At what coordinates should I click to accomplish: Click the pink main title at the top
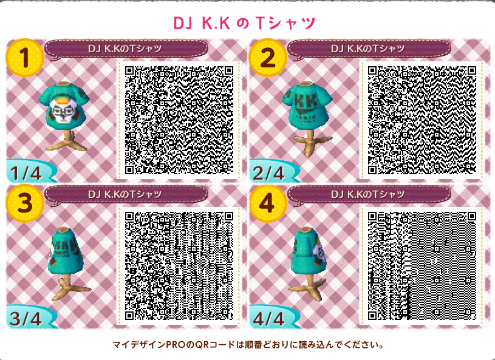(244, 23)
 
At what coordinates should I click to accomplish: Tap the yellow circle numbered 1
(25, 58)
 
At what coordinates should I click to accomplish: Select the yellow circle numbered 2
(268, 58)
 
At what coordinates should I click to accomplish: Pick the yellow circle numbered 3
(25, 203)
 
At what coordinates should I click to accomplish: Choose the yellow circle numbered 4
(268, 203)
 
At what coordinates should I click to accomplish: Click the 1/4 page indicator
(26, 173)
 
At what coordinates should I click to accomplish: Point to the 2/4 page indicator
(268, 173)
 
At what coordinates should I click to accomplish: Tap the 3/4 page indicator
(26, 319)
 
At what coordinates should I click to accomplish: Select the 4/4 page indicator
(268, 319)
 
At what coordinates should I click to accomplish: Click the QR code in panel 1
(179, 120)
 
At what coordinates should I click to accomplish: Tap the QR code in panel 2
(422, 120)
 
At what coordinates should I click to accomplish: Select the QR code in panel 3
(179, 266)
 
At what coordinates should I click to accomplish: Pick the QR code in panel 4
(422, 266)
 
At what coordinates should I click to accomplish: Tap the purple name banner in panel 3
(126, 194)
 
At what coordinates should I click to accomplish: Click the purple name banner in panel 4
(369, 194)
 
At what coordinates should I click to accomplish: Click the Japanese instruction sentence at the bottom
(248, 344)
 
